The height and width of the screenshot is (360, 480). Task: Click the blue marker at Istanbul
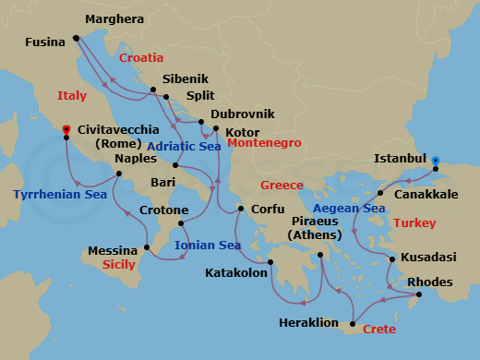(x=436, y=160)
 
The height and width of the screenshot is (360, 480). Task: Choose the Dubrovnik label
(x=244, y=114)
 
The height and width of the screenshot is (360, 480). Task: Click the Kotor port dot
(x=215, y=128)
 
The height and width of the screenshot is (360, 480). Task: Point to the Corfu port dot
(x=240, y=209)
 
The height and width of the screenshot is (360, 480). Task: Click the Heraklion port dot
(x=351, y=322)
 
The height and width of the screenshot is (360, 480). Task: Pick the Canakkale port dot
(x=380, y=194)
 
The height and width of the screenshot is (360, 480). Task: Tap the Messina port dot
(x=148, y=248)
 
